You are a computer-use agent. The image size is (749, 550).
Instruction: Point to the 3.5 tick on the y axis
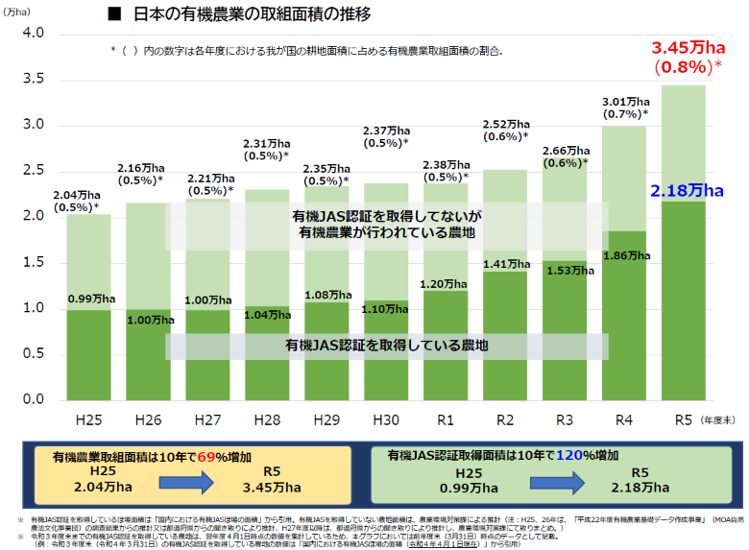pos(34,79)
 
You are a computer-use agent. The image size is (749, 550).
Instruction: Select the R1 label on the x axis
pos(446,419)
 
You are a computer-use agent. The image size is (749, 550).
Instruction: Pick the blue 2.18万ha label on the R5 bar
pos(686,192)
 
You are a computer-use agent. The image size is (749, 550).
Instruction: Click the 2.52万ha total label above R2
pos(507,124)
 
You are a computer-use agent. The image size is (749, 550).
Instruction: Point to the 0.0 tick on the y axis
pos(34,399)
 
